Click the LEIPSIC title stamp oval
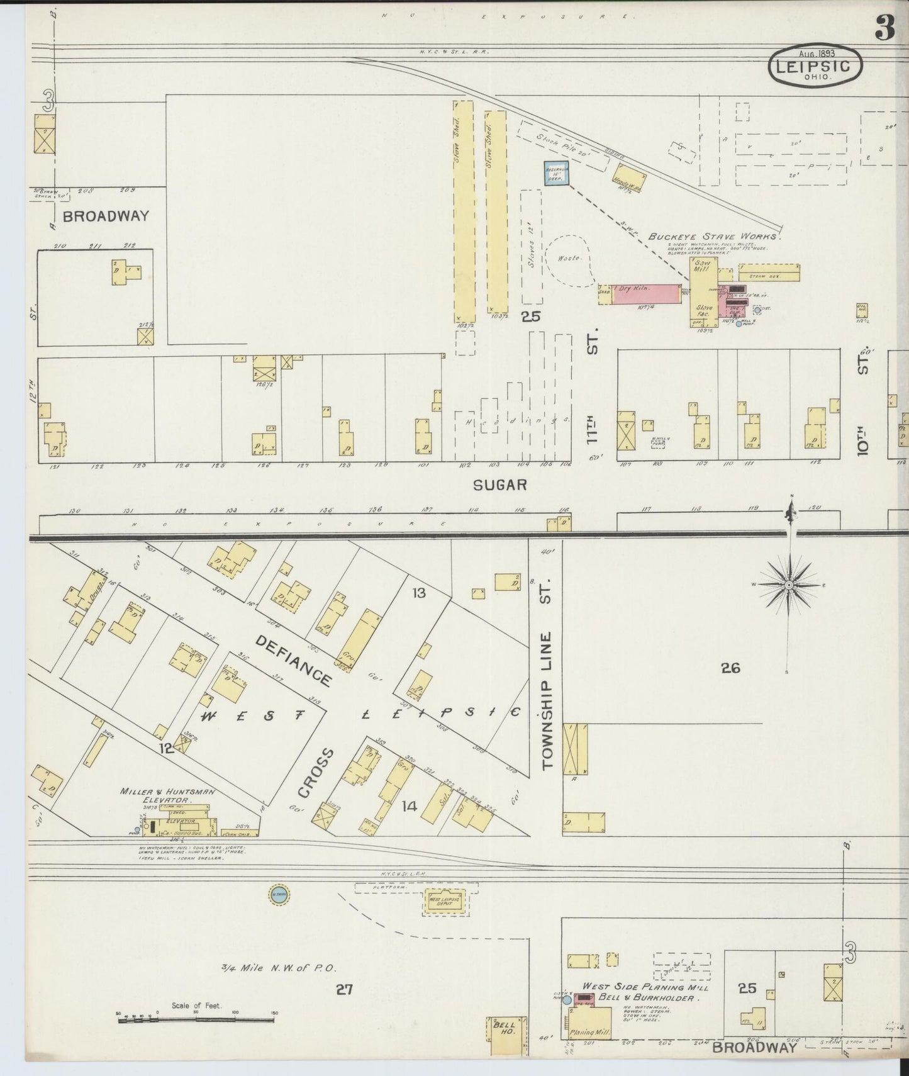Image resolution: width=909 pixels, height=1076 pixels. (x=815, y=65)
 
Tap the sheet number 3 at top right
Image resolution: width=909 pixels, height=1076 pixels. (x=884, y=29)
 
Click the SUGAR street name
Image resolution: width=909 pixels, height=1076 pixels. (x=499, y=485)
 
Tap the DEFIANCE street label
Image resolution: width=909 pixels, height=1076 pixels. (x=294, y=660)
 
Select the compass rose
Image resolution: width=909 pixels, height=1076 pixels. (x=788, y=585)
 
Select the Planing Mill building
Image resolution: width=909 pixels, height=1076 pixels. (x=590, y=1023)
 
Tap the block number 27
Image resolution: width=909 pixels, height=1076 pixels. (x=343, y=990)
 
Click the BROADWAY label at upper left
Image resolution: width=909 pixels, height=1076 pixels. (x=106, y=216)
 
